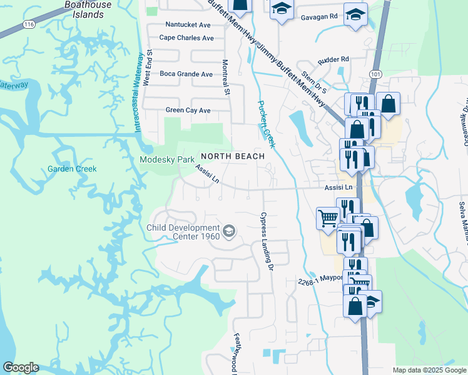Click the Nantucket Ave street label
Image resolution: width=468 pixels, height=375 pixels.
pyautogui.click(x=188, y=25)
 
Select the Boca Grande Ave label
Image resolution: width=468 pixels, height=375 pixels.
pyautogui.click(x=186, y=74)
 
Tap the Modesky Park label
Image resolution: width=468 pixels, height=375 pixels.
pyautogui.click(x=167, y=160)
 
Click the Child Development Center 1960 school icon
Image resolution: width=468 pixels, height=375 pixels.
pyautogui.click(x=229, y=232)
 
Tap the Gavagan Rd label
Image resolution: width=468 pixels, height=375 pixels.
pyautogui.click(x=317, y=16)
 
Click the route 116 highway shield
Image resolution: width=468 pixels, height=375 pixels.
pyautogui.click(x=28, y=24)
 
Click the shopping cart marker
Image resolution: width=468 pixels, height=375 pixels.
pyautogui.click(x=327, y=218)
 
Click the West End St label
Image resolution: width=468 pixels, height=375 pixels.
pyautogui.click(x=148, y=69)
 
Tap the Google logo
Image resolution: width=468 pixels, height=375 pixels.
pyautogui.click(x=21, y=367)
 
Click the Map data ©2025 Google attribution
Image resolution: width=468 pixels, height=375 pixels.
pyautogui.click(x=429, y=370)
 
